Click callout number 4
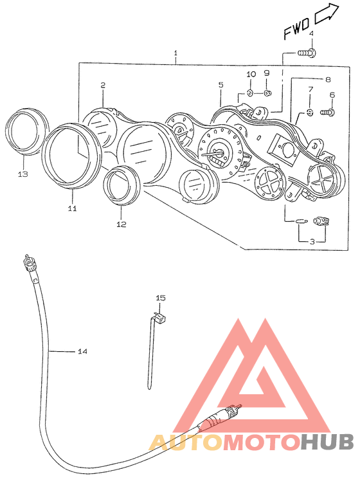[x=311, y=33]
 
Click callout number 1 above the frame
[x=175, y=53]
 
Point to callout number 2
[x=103, y=85]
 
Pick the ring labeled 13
[x=27, y=132]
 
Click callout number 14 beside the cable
[x=82, y=351]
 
